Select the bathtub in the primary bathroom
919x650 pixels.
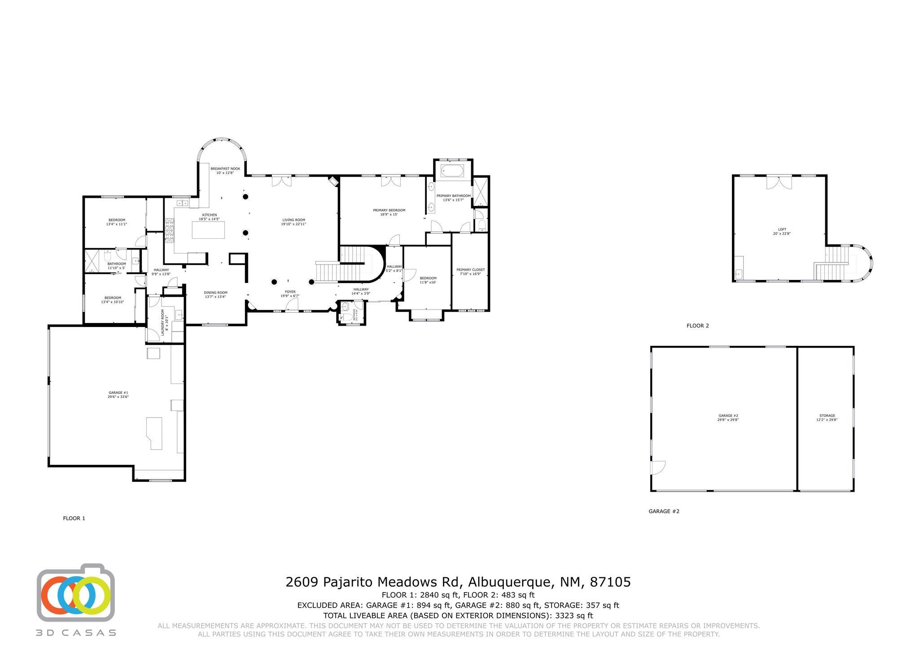click(x=453, y=171)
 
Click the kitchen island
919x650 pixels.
click(x=208, y=230)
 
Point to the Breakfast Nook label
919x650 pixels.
click(x=225, y=169)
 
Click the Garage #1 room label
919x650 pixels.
click(x=118, y=393)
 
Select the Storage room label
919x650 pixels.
click(x=827, y=416)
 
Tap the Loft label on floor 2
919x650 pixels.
click(x=782, y=229)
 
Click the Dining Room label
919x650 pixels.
click(x=216, y=292)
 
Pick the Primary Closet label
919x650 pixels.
click(x=470, y=270)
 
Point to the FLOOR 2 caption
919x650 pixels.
click(x=697, y=326)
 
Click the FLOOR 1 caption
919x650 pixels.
click(x=74, y=518)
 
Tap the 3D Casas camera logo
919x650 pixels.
click(x=75, y=595)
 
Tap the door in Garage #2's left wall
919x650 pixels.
click(x=657, y=468)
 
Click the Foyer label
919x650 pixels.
click(x=290, y=292)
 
